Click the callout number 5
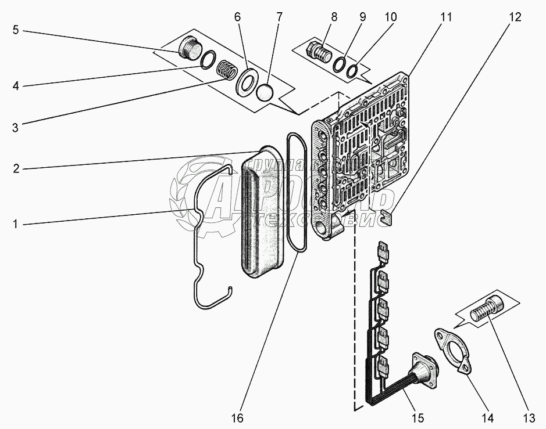pos(15,30)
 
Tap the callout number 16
pos(237,417)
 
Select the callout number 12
pos(514,17)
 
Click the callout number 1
pos(15,224)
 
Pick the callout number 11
pos(445,17)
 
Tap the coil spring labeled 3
pos(227,73)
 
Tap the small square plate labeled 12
pos(387,218)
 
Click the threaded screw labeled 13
pos(486,306)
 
